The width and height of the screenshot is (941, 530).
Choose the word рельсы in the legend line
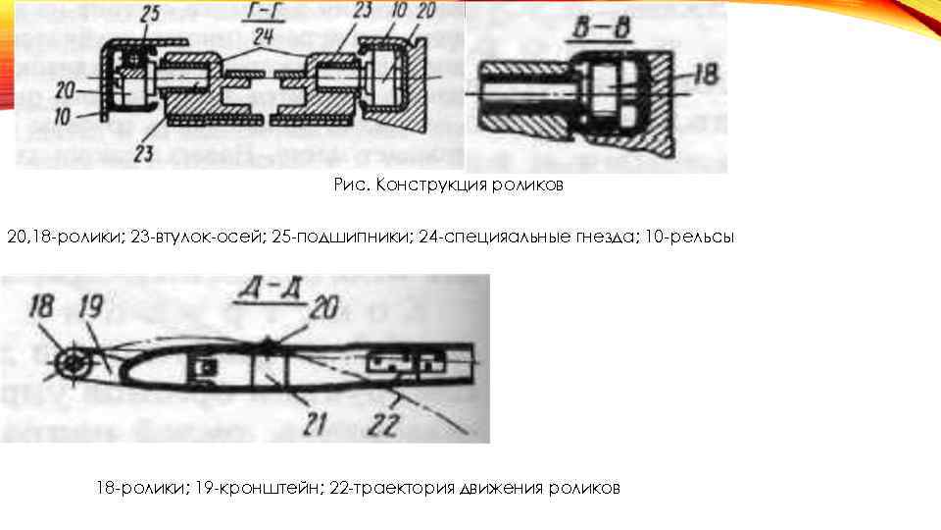[x=697, y=238]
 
